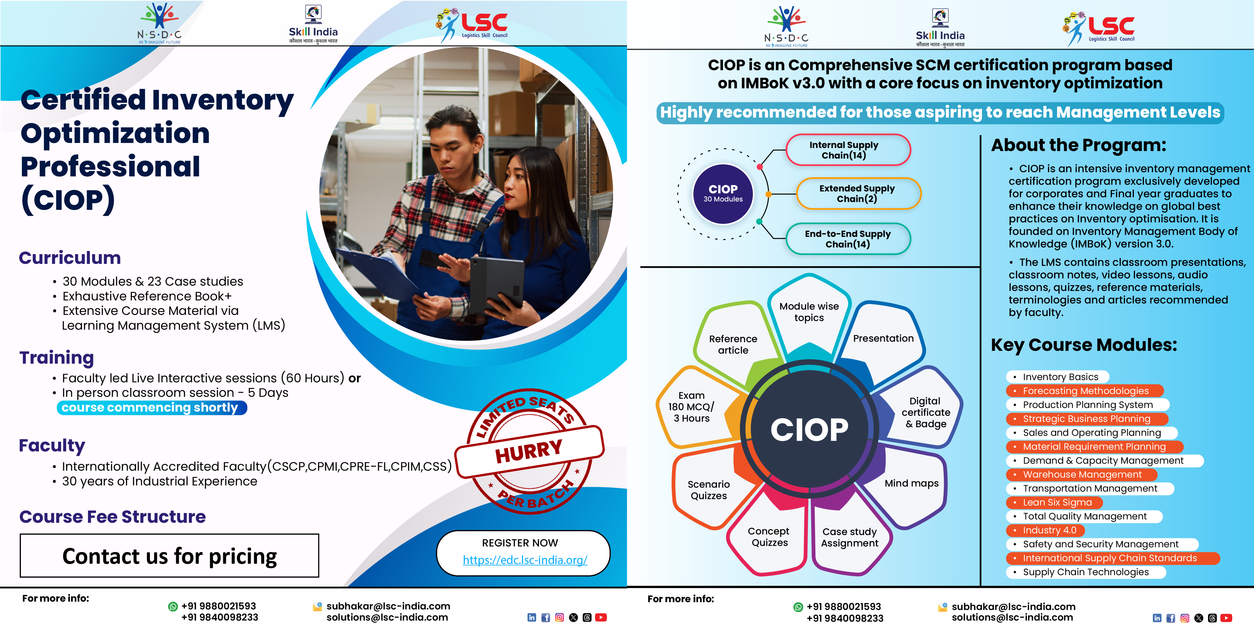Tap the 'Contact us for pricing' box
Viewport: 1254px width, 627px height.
[x=169, y=555]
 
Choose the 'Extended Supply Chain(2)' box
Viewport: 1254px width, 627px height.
[x=858, y=193]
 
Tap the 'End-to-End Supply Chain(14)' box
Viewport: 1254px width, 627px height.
[x=848, y=239]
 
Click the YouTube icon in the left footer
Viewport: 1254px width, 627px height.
[x=601, y=617]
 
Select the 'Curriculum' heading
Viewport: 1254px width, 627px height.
[x=70, y=257]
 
